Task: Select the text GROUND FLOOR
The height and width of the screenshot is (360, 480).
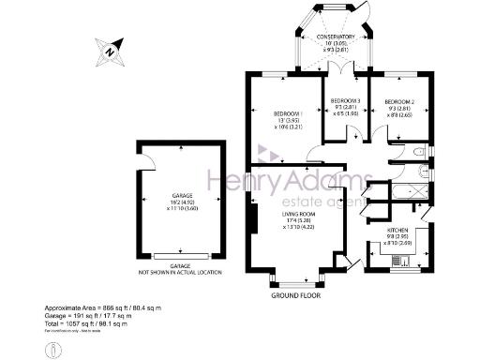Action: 297,294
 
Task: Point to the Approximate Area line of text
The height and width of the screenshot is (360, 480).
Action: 103,308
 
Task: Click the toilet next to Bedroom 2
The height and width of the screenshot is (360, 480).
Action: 423,151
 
